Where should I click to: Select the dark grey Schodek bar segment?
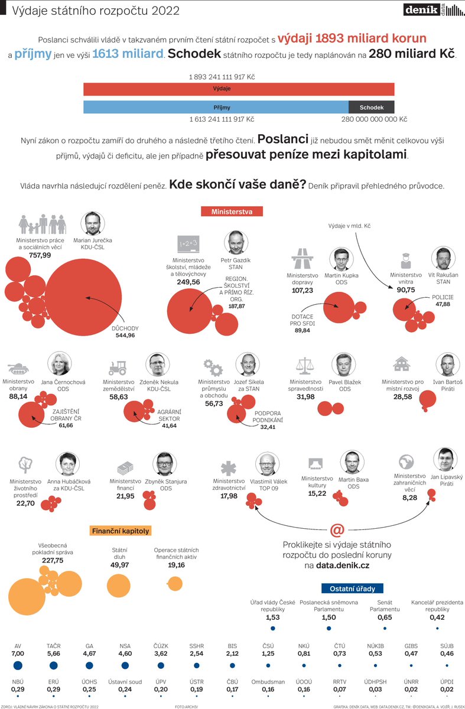pos(371,108)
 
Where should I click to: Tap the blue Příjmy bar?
pos(216,108)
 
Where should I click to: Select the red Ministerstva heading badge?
pos(232,211)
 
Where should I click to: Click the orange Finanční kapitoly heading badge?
pos(121,531)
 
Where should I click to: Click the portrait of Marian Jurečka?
pos(92,225)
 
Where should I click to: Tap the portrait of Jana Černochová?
pos(62,365)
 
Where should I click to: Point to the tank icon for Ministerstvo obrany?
pos(18,367)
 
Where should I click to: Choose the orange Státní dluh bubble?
pos(122,583)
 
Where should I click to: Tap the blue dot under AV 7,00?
pos(18,665)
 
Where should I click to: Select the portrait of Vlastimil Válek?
pos(266,464)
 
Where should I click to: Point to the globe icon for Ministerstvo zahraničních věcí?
pos(405,461)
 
